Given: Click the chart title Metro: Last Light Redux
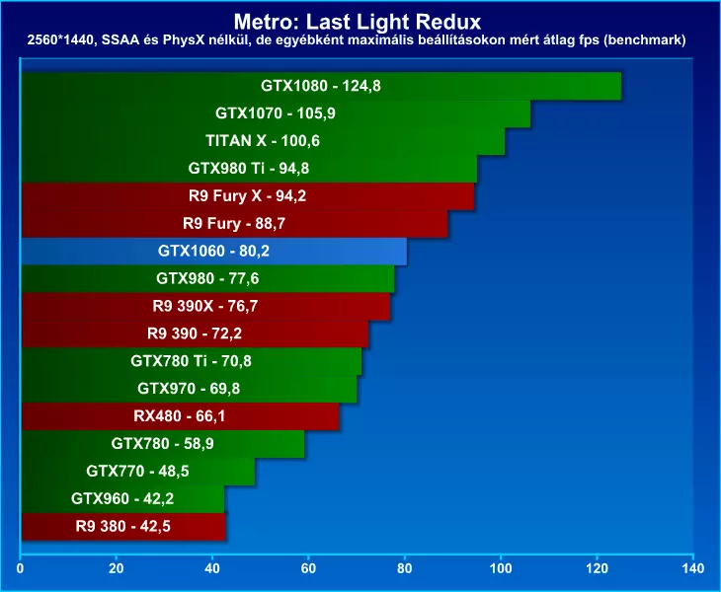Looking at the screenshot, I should coord(360,20).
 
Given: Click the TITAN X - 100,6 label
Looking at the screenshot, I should coord(263,141).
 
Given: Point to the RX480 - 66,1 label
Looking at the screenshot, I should coord(180,416).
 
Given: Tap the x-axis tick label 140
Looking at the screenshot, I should coord(693,568).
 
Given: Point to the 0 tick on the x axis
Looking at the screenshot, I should coord(21,568).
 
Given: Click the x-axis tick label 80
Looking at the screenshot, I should coord(405,568).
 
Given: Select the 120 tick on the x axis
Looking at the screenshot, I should coord(598,568).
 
